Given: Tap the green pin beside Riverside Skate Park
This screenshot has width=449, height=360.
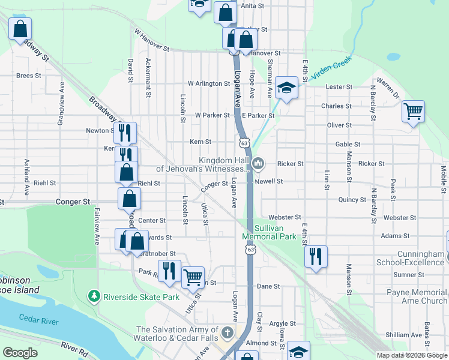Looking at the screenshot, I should point(94,296).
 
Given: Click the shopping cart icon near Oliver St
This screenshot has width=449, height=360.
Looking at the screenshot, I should point(413,111).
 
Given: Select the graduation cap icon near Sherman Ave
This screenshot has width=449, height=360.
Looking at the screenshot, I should point(287,88).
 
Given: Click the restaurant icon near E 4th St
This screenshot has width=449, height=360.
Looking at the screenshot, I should point(315,256).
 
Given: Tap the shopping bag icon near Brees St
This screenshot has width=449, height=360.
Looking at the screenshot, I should point(20,28).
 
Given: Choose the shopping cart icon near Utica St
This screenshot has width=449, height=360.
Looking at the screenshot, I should point(193,277).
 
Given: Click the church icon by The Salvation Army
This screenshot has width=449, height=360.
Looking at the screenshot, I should point(227,332).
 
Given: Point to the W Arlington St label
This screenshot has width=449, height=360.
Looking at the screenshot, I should point(209,83).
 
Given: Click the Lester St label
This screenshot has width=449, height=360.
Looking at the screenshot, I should point(339,87).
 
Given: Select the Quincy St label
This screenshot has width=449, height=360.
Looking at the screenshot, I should point(352,200).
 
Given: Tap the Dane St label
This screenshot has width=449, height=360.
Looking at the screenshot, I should point(268,287).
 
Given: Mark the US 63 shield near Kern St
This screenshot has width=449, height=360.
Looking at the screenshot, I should point(243,143).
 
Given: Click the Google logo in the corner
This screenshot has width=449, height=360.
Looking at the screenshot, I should point(20,353).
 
